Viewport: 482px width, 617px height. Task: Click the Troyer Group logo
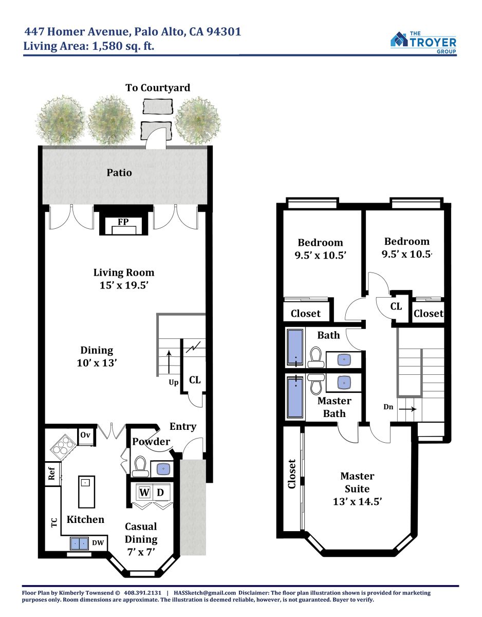(423, 42)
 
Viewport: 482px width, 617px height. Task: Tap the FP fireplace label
(123, 222)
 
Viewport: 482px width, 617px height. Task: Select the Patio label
(119, 173)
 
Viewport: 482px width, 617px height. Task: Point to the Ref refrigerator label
(51, 474)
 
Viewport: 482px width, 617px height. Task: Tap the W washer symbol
(144, 492)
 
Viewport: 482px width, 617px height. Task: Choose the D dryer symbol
(160, 492)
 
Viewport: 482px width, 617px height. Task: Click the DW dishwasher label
(98, 543)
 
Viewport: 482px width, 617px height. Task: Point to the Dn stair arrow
(408, 409)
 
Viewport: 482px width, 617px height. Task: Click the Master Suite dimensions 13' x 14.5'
(357, 501)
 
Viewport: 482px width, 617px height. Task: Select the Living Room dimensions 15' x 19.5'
(124, 285)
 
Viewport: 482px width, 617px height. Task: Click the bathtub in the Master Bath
(295, 397)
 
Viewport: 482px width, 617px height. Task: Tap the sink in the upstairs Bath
(344, 359)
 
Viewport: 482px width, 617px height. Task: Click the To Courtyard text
(158, 88)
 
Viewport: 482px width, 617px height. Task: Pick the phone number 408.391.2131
(142, 593)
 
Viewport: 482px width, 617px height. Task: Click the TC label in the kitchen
(54, 522)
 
